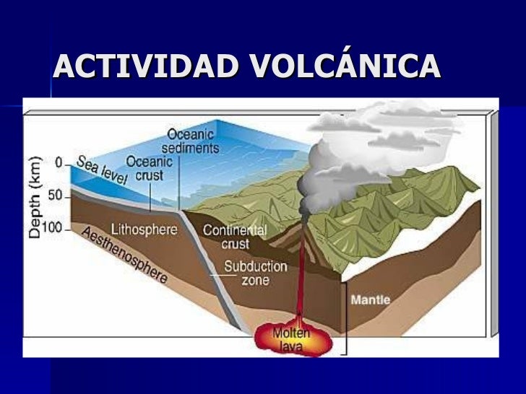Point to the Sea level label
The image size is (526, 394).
(x=100, y=173)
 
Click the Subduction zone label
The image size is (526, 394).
(x=255, y=273)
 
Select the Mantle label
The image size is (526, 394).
(x=371, y=299)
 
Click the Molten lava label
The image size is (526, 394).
(x=292, y=339)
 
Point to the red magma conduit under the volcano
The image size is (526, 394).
(x=298, y=281)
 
